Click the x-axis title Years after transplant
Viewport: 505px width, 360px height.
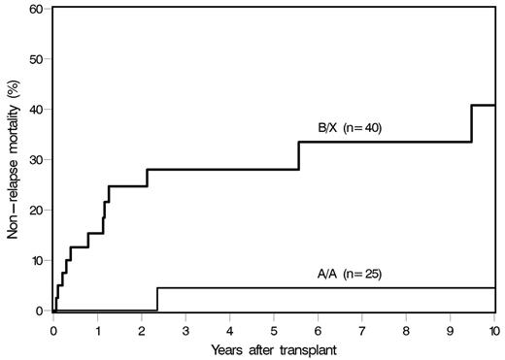pos(275,347)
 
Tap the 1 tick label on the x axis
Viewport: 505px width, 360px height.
pos(98,328)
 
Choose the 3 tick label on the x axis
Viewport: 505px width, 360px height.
pos(186,328)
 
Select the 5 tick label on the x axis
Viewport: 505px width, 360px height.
pos(275,328)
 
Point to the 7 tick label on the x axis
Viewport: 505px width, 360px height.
pos(362,328)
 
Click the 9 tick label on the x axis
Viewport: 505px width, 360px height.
pos(451,328)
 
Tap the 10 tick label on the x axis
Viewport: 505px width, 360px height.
pos(493,328)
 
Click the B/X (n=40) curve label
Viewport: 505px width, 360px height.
pos(356,128)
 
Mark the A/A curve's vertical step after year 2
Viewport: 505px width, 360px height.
pos(157,299)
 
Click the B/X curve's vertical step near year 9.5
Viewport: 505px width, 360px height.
pos(472,123)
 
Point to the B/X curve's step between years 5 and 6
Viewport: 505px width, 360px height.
pos(299,155)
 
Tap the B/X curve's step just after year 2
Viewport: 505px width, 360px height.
pos(148,178)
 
